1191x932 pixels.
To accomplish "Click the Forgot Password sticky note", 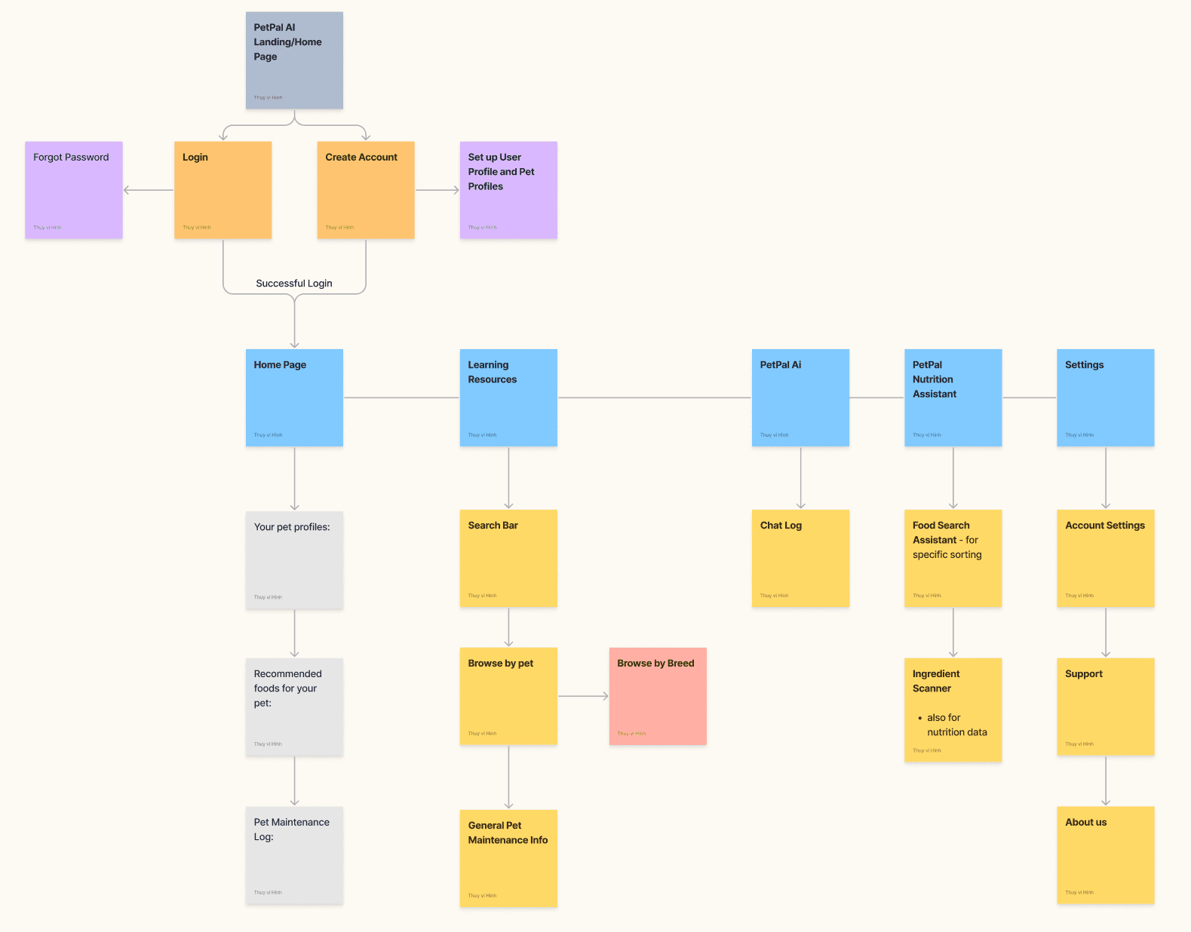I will coord(74,190).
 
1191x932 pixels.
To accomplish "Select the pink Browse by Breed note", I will coord(658,696).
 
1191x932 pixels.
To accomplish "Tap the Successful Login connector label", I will coord(294,284).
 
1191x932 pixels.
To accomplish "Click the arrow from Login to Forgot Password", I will coord(149,190).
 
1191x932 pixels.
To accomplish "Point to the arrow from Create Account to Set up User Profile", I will coord(437,190).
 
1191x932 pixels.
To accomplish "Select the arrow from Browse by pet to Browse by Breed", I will coord(583,696).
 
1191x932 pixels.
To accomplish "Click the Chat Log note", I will coord(800,558).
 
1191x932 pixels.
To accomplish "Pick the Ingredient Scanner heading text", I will coord(935,681).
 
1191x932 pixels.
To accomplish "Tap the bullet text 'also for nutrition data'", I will coord(956,725).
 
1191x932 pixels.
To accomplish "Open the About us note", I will coord(1105,855).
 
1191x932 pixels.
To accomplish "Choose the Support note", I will coord(1105,707).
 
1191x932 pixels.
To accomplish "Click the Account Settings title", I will coord(1104,526).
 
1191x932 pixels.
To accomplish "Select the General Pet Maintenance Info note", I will coord(508,858).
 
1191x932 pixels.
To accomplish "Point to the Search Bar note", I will coord(508,558).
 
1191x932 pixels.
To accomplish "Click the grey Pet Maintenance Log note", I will coord(294,855).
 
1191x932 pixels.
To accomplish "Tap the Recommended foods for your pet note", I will coord(294,707).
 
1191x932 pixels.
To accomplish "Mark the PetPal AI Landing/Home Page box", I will coord(294,60).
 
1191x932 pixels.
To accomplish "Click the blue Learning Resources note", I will coord(508,397).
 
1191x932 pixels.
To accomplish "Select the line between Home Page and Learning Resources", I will coord(401,397).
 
